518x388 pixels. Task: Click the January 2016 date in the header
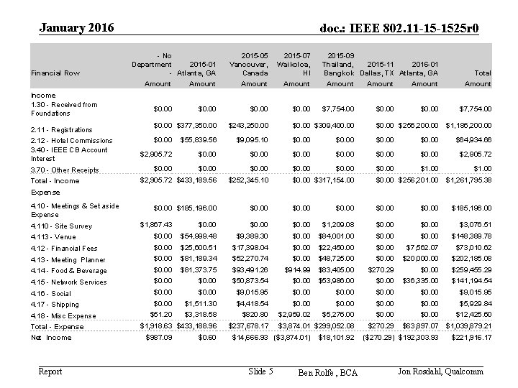coord(77,28)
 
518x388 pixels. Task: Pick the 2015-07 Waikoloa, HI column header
coord(296,64)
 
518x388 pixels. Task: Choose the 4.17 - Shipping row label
coord(55,305)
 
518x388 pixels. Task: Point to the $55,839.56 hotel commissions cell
coord(198,140)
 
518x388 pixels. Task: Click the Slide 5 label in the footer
coord(260,371)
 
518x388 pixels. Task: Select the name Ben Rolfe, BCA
coord(327,372)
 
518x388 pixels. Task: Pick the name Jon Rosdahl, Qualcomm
coord(440,371)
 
